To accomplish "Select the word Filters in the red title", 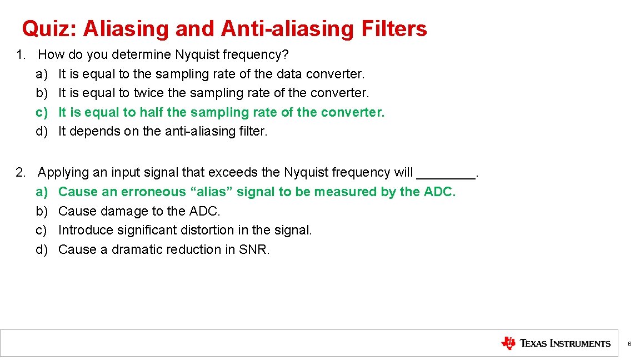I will [394, 29].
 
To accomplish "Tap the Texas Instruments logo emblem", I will [508, 343].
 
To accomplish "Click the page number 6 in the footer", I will [629, 344].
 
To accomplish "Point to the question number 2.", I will [21, 173].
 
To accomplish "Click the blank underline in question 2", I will [446, 174].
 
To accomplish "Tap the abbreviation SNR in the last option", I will [253, 250].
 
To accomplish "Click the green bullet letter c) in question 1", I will [42, 112].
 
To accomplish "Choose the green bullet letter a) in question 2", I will [42, 192].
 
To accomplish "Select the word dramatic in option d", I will [137, 250].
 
